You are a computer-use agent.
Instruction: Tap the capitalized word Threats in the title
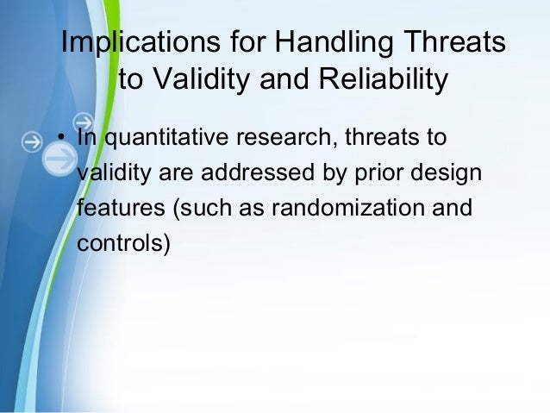coord(455,41)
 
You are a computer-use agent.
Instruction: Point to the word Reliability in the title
coord(384,79)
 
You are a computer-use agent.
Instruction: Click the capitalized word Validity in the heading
coord(202,79)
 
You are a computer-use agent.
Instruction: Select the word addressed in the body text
coord(258,172)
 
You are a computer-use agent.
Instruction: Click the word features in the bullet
coord(121,207)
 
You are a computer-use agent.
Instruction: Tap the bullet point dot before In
coord(61,137)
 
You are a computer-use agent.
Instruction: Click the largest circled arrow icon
coord(59,159)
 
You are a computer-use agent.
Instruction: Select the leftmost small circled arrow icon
coord(32,141)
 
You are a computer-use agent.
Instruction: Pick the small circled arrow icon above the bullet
coord(84,122)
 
